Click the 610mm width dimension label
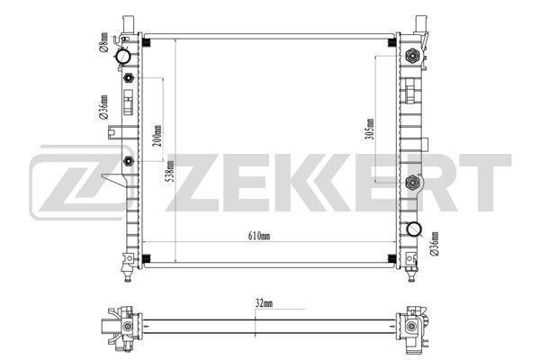[259, 237]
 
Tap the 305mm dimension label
[369, 130]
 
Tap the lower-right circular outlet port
[413, 230]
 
